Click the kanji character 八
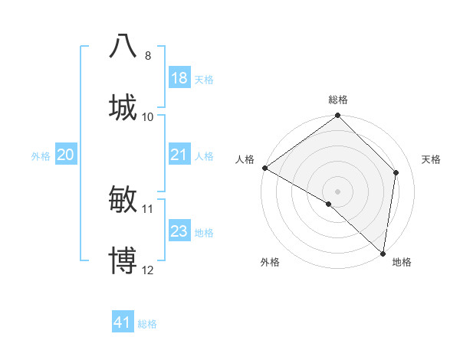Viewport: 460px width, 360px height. pyautogui.click(x=123, y=45)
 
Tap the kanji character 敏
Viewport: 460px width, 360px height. pyautogui.click(x=123, y=198)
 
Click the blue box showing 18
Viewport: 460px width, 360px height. pyautogui.click(x=179, y=78)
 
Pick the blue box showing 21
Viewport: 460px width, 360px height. pyautogui.click(x=179, y=155)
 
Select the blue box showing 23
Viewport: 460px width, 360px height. pyautogui.click(x=179, y=231)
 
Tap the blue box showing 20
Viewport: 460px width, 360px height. pyautogui.click(x=66, y=155)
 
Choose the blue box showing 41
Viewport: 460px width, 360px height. pyautogui.click(x=123, y=322)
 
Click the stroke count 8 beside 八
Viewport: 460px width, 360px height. pyautogui.click(x=147, y=56)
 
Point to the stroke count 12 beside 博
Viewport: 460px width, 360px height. pyautogui.click(x=147, y=270)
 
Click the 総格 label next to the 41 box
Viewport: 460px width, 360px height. pyautogui.click(x=147, y=324)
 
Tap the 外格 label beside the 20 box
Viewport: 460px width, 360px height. pyautogui.click(x=41, y=156)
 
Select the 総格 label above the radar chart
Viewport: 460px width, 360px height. pyautogui.click(x=337, y=100)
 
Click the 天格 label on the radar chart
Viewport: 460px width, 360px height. pyautogui.click(x=431, y=159)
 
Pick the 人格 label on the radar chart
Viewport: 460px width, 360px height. pyautogui.click(x=245, y=159)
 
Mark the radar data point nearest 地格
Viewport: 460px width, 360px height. pyautogui.click(x=383, y=254)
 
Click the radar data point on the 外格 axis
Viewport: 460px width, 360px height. pyautogui.click(x=329, y=204)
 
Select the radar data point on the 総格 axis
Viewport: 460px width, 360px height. pyautogui.click(x=337, y=116)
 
